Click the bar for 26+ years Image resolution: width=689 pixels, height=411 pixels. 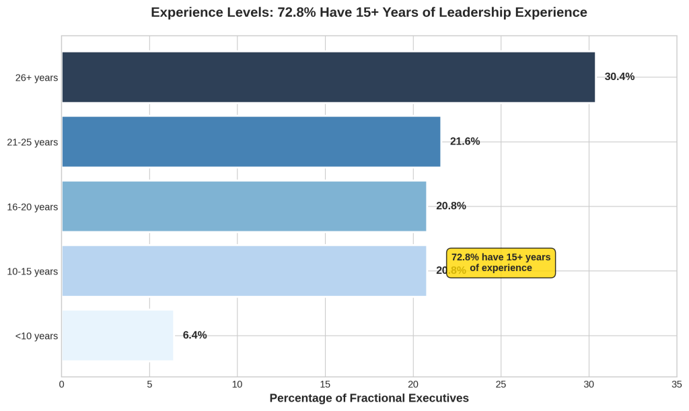[x=328, y=77]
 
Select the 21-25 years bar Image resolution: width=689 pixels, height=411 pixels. [x=251, y=142]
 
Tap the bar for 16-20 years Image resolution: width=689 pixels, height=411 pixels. [x=244, y=207]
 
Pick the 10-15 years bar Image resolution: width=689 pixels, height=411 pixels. [x=244, y=271]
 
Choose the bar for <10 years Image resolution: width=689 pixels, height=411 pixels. [x=117, y=336]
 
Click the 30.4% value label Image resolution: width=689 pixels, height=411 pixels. [x=619, y=77]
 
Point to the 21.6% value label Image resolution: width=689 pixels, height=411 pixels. [x=465, y=141]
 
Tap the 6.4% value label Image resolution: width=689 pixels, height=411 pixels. [x=194, y=335]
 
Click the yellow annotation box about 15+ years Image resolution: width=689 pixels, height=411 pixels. [x=501, y=262]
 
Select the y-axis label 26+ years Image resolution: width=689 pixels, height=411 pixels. [x=36, y=78]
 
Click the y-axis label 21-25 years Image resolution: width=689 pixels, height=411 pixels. [x=32, y=143]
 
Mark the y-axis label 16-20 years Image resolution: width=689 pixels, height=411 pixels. [x=32, y=207]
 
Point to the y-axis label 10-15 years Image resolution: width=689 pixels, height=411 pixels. [x=32, y=272]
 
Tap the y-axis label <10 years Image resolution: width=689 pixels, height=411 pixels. [x=36, y=336]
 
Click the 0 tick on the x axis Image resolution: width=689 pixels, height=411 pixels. [x=62, y=385]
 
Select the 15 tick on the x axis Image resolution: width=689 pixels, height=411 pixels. [x=325, y=385]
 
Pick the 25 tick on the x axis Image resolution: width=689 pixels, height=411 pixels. [x=501, y=385]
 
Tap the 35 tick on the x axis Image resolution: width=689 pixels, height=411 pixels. [x=676, y=385]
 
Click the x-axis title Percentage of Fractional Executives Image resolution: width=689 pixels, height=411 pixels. [x=369, y=398]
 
